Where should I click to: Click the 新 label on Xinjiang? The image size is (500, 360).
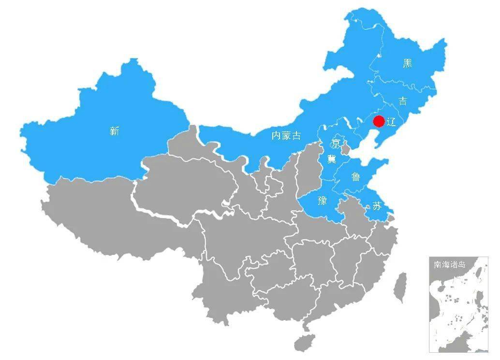click(114, 130)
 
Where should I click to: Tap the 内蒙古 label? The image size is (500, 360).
click(286, 136)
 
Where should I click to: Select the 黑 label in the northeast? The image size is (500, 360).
click(408, 63)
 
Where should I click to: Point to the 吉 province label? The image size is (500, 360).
click(402, 101)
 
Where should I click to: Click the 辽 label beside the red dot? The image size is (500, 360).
click(391, 122)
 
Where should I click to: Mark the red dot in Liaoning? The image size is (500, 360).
click(379, 121)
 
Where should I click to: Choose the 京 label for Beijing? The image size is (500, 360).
click(335, 144)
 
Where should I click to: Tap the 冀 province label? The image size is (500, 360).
click(331, 158)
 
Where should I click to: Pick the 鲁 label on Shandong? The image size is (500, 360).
click(355, 177)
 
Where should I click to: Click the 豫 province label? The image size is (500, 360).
click(323, 201)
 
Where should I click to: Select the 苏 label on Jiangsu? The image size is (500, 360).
click(377, 206)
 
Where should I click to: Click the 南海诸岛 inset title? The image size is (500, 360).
click(449, 265)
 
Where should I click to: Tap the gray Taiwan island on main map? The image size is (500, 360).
click(399, 287)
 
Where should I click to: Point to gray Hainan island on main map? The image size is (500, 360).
click(304, 342)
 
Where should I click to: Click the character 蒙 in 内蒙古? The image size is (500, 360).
click(286, 136)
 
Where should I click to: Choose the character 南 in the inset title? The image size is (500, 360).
click(438, 265)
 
